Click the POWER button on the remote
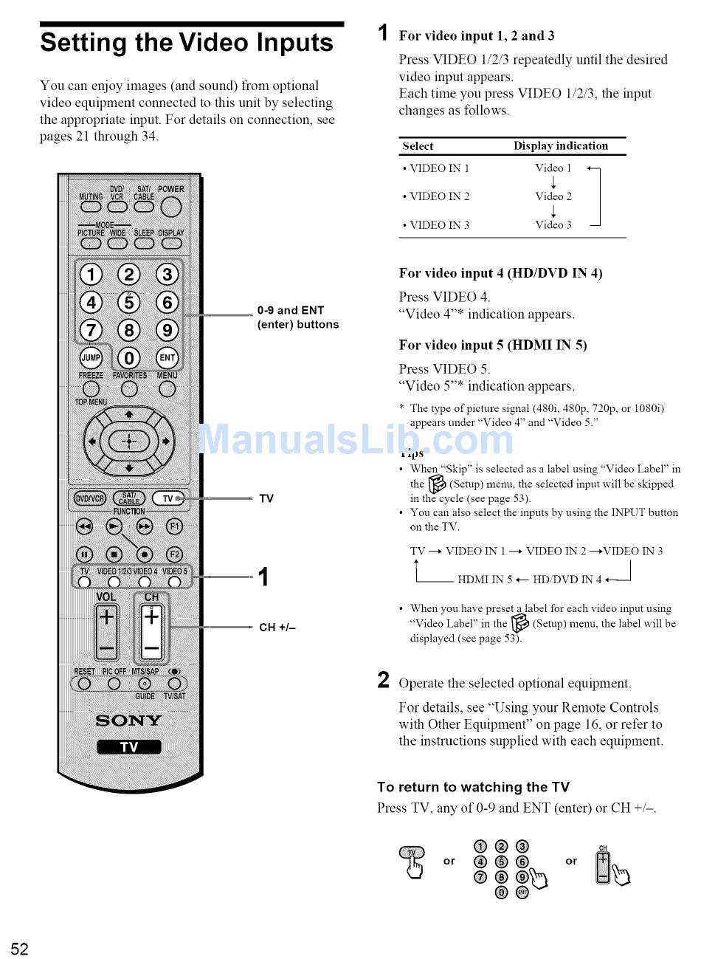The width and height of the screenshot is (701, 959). point(171,207)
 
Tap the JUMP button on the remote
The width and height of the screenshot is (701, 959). point(90,358)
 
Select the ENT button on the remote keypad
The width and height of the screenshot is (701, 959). point(168,358)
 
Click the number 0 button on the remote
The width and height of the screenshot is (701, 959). point(129,359)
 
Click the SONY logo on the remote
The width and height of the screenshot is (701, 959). point(129,721)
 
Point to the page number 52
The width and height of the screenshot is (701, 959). point(19,949)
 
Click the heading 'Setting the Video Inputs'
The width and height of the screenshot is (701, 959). point(187,43)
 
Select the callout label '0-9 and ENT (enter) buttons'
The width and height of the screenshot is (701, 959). point(297,317)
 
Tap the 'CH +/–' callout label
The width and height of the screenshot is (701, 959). point(277,628)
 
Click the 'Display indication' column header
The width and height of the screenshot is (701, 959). point(561,146)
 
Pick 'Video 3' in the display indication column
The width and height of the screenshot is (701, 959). point(553,224)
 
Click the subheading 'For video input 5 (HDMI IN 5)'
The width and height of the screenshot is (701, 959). point(493,345)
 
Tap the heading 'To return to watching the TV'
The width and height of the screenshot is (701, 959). point(473,787)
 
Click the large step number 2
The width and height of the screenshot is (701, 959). point(384,680)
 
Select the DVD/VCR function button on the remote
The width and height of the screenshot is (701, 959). point(89,499)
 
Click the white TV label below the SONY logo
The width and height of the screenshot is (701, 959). point(129,747)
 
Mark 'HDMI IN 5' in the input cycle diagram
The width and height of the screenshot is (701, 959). point(485,580)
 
